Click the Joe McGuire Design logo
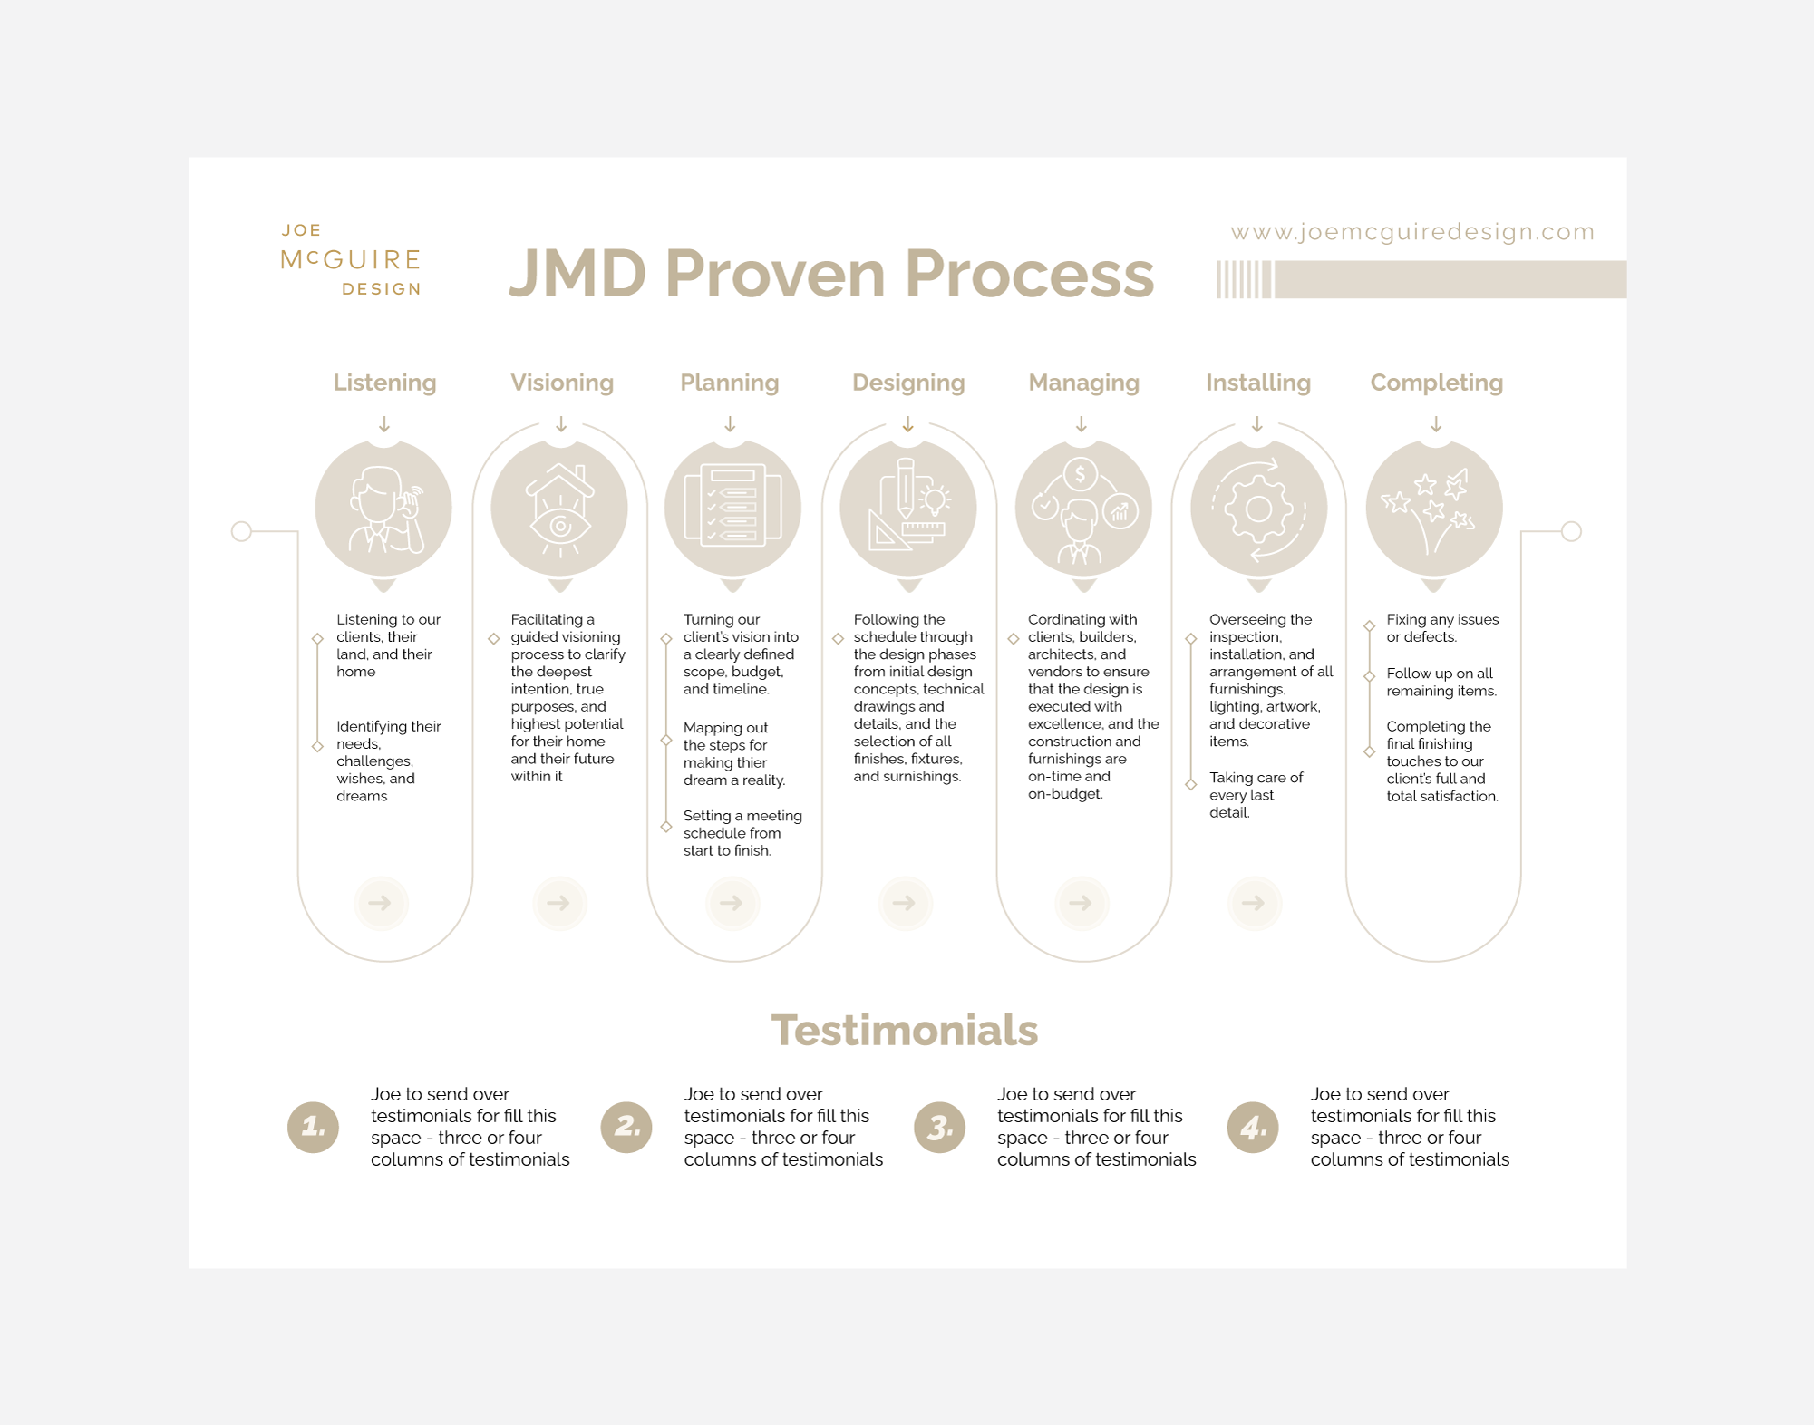click(x=352, y=260)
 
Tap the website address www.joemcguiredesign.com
click(x=1411, y=232)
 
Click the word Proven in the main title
click(x=774, y=274)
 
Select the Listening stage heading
click(x=384, y=383)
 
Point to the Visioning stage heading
click(x=561, y=383)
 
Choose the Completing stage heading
click(x=1436, y=383)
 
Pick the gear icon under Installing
click(x=1258, y=509)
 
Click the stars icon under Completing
click(x=1431, y=508)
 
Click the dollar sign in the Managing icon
click(x=1080, y=474)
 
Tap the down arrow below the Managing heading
click(x=1081, y=424)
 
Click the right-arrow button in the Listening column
click(x=381, y=903)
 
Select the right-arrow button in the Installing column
click(x=1254, y=903)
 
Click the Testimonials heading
click(x=904, y=1031)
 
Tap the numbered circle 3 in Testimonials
click(x=939, y=1127)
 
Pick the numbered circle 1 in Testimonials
click(x=313, y=1127)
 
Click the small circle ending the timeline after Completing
click(x=1571, y=531)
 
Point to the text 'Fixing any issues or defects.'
click(x=1441, y=628)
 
